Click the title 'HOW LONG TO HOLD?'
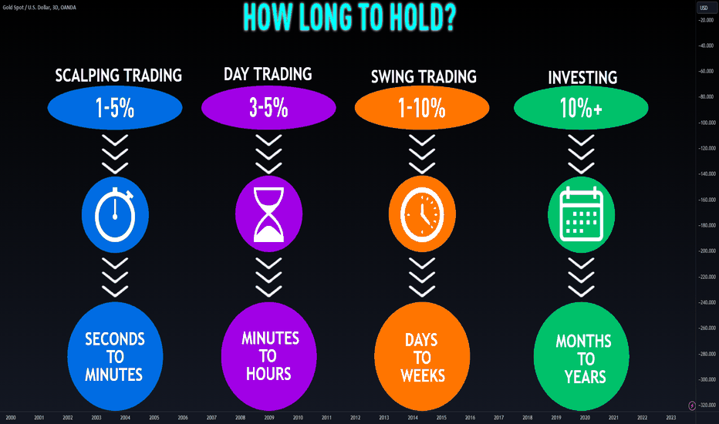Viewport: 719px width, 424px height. tap(349, 18)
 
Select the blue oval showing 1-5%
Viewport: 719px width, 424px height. tap(115, 108)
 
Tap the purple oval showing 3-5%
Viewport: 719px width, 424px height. tap(268, 108)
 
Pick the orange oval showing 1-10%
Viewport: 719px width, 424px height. tap(422, 108)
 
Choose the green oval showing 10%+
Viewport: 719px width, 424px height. tap(581, 108)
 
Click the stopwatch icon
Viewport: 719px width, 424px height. tap(115, 214)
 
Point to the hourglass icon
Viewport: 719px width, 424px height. tap(268, 214)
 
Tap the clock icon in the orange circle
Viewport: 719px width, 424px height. tap(422, 214)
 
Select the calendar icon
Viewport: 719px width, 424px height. tap(582, 214)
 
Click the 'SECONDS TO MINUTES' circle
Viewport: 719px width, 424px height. tap(115, 356)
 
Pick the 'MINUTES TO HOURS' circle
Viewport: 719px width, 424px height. tap(268, 356)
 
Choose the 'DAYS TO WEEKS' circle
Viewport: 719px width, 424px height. tap(422, 356)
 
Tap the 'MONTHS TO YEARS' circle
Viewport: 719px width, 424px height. tap(582, 356)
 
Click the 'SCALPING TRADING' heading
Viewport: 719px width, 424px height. tap(118, 76)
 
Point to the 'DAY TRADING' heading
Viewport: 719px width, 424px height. tap(268, 74)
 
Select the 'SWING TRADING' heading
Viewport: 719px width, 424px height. tap(424, 76)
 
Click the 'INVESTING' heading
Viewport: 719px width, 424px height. tap(582, 77)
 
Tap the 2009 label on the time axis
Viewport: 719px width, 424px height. tap(269, 418)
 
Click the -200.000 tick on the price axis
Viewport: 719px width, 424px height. tap(707, 251)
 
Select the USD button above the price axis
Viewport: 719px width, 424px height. tap(704, 8)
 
